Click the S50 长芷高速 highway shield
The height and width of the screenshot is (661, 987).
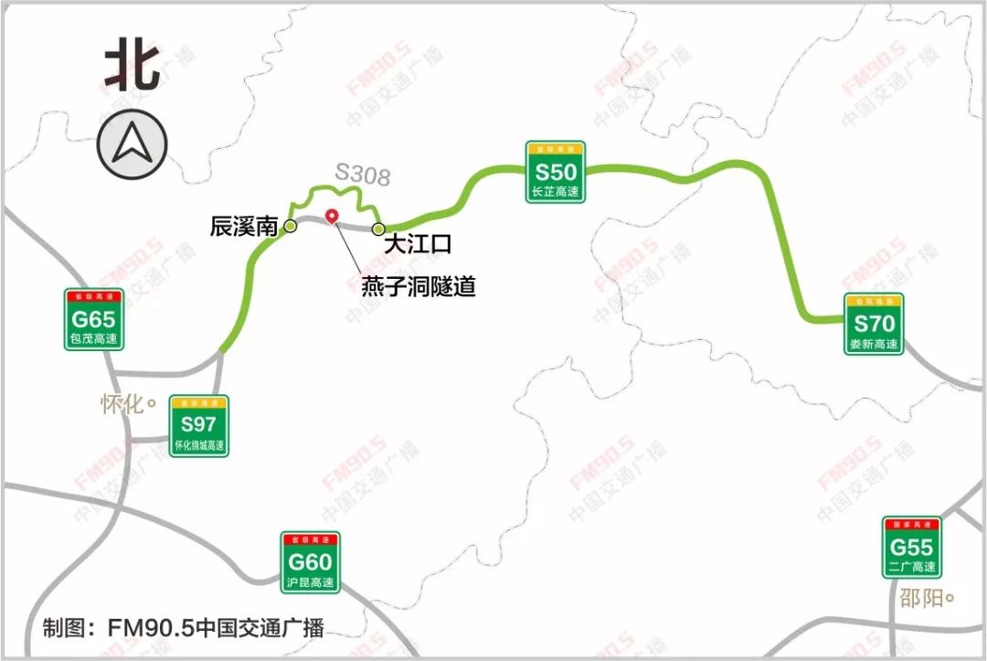click(x=556, y=172)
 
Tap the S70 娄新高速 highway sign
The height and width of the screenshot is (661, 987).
click(x=874, y=324)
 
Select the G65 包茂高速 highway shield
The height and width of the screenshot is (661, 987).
click(x=93, y=319)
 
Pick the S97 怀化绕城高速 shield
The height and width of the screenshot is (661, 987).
click(x=198, y=425)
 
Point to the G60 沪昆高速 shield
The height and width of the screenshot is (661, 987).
click(x=310, y=562)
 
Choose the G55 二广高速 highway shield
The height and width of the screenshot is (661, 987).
click(x=911, y=548)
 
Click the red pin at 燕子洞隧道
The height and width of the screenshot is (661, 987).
click(x=333, y=216)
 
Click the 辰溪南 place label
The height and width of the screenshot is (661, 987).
click(x=243, y=227)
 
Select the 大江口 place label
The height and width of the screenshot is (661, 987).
click(x=418, y=244)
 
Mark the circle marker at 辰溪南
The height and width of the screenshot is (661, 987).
click(x=291, y=226)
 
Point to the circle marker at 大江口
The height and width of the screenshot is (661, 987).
click(x=378, y=229)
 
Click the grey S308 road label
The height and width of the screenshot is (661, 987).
click(x=363, y=174)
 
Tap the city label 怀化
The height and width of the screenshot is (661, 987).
click(x=123, y=403)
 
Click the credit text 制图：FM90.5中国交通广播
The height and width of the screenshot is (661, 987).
click(x=184, y=628)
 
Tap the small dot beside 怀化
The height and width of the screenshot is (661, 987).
click(x=152, y=401)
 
